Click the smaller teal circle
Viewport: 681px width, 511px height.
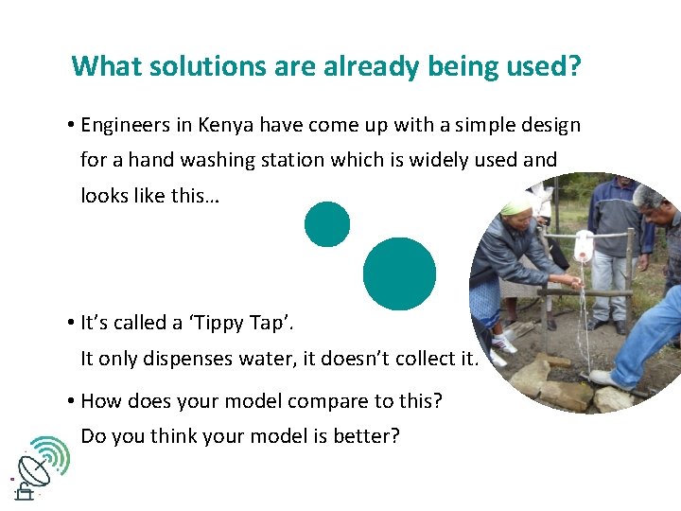(x=327, y=224)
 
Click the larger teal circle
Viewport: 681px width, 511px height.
(x=399, y=273)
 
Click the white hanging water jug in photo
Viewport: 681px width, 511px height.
(x=584, y=246)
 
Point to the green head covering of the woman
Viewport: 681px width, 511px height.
(x=517, y=206)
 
